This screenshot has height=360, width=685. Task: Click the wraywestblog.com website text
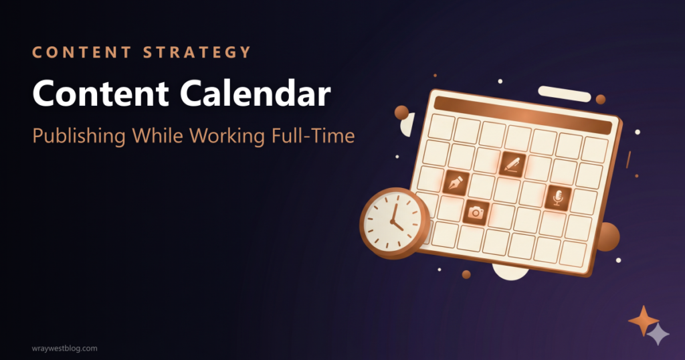click(64, 348)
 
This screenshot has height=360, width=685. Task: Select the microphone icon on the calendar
click(558, 197)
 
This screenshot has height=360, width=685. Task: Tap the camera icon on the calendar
click(476, 212)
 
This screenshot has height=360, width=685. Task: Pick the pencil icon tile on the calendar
click(512, 163)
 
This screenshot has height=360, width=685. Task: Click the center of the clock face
click(393, 221)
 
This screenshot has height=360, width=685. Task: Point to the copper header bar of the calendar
click(522, 114)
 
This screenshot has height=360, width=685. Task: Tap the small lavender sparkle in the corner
click(659, 334)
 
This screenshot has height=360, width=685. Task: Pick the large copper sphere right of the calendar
click(607, 237)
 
